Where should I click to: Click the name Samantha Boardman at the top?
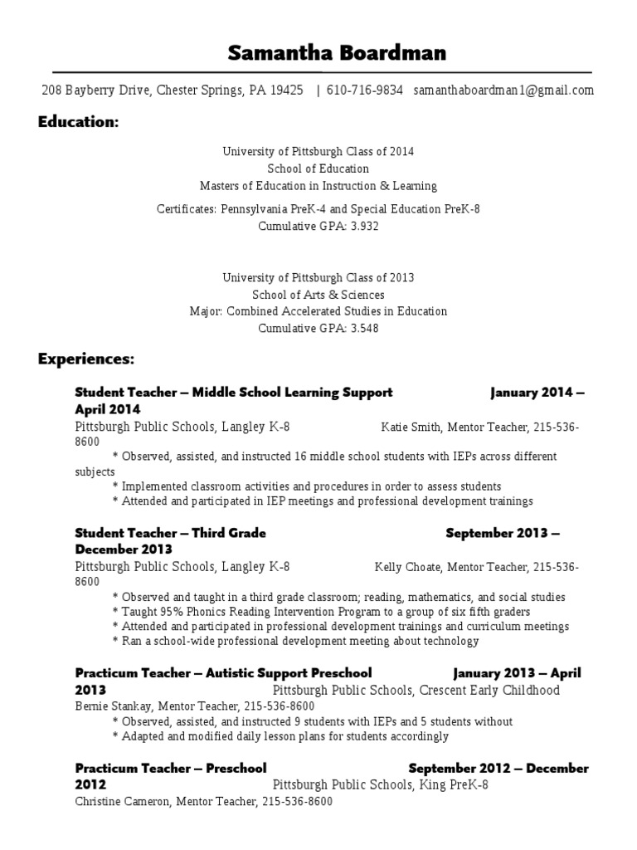324,54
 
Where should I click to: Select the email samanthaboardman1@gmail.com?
503,90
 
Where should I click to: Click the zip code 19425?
286,90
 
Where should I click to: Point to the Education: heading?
78,123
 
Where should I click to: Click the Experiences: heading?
85,359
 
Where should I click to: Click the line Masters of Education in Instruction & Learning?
318,186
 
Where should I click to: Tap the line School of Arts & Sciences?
318,295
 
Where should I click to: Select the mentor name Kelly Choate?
407,568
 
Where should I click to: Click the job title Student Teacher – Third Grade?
170,533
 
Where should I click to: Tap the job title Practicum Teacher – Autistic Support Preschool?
223,673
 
